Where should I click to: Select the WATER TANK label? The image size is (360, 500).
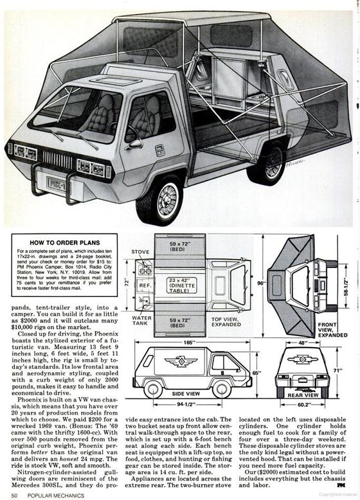(x=141, y=320)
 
